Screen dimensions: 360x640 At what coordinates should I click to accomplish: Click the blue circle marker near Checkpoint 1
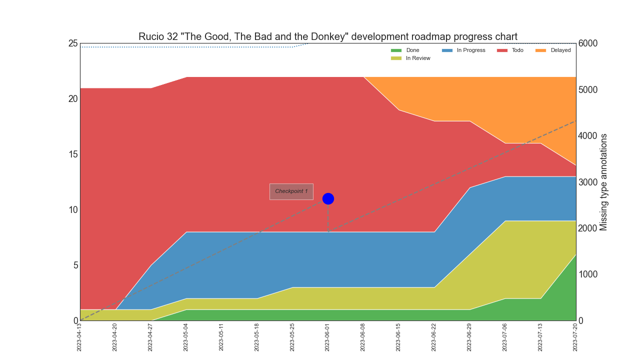(328, 198)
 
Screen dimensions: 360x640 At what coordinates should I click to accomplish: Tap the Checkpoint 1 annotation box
(291, 191)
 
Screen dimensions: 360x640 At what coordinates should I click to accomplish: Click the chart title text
(328, 36)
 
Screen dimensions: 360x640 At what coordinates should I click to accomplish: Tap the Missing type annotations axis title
(603, 182)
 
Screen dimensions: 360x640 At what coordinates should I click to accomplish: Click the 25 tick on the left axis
(73, 43)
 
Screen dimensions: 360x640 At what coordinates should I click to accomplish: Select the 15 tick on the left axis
(73, 154)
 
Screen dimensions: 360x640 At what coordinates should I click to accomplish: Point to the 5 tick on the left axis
(75, 265)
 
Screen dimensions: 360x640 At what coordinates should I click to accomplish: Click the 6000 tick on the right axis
(588, 43)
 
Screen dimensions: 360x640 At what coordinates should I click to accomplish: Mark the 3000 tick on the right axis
(588, 182)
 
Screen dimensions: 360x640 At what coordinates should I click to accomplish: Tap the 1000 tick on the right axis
(588, 274)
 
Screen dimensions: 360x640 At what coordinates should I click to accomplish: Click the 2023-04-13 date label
(79, 337)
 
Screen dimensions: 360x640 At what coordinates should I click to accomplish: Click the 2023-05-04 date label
(186, 337)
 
